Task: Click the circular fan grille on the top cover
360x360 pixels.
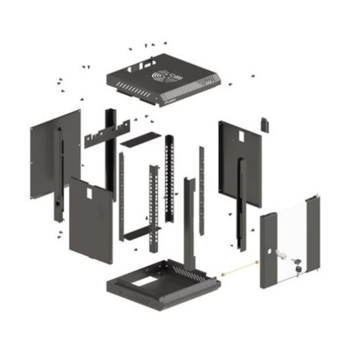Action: tap(165, 77)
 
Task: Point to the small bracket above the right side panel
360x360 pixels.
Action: tap(265, 123)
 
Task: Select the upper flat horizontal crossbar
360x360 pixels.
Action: tap(139, 139)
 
